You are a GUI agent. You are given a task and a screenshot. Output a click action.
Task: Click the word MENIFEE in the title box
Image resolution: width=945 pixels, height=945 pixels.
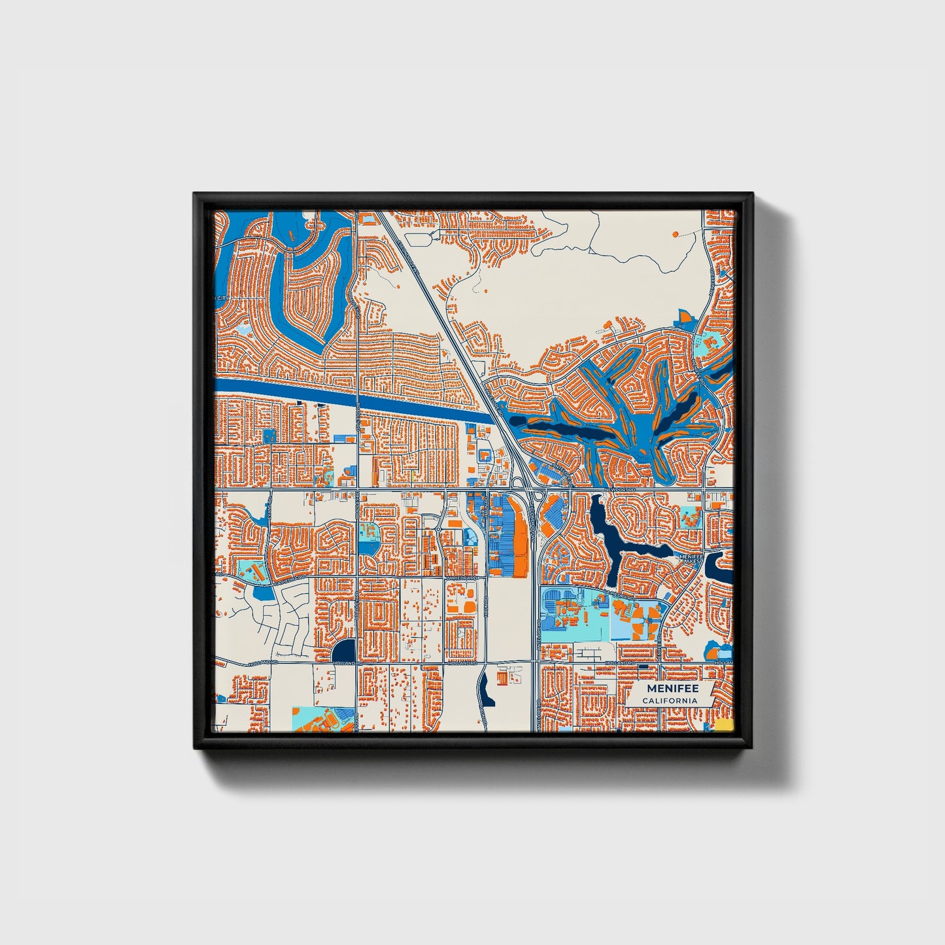672,689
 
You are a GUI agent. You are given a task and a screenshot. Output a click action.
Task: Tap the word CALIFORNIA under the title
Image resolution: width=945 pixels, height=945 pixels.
669,701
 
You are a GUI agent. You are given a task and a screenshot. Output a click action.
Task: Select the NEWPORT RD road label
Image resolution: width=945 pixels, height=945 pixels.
621,489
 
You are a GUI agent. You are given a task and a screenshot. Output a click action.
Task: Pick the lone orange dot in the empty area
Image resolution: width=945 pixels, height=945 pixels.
675,233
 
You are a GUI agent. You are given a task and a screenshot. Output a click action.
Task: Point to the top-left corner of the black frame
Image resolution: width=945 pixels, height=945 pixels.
195,194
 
